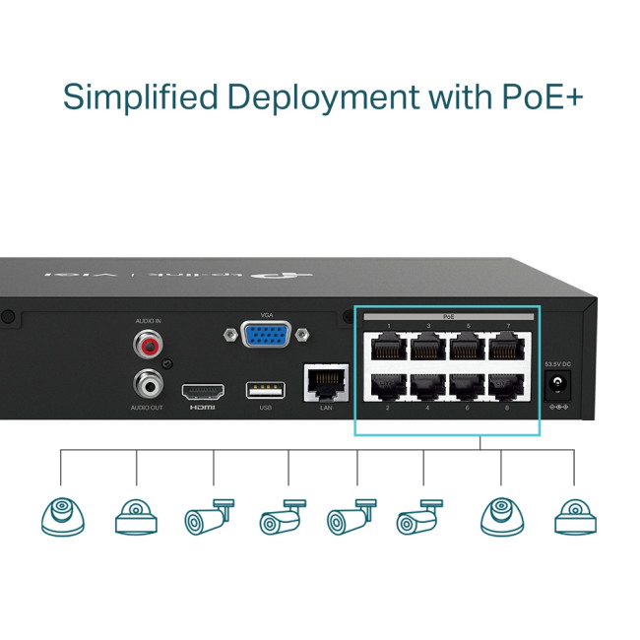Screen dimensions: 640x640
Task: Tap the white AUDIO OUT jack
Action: (x=149, y=381)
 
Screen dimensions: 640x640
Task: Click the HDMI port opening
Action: (x=203, y=389)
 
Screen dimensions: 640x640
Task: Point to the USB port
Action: (x=266, y=389)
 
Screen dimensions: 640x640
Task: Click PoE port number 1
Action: (x=387, y=346)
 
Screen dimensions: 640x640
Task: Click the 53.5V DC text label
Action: (x=556, y=364)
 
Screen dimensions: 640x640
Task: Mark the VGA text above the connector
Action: (x=267, y=314)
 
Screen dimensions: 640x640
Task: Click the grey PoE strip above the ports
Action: (x=448, y=316)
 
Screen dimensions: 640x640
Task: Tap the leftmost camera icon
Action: (x=61, y=515)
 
